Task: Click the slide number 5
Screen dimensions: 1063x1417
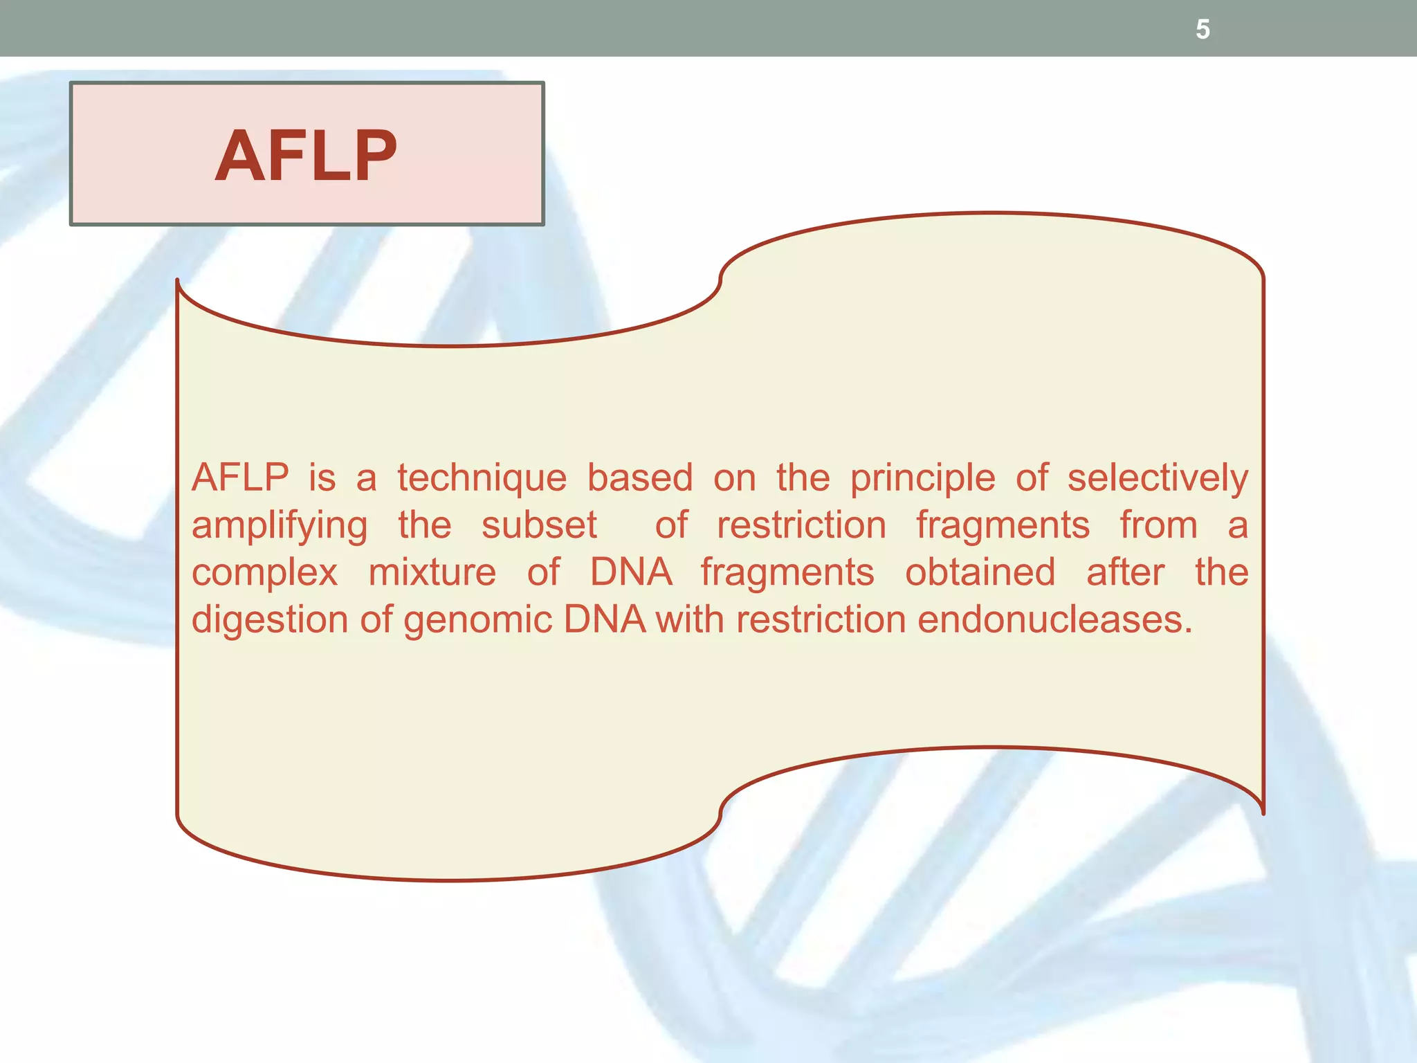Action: [x=1203, y=30]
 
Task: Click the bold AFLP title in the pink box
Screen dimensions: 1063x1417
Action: [x=306, y=156]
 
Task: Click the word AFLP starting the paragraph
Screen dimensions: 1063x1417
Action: [x=240, y=478]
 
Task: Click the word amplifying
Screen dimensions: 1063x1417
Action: [x=280, y=526]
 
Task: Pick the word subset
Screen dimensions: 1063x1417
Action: [x=539, y=525]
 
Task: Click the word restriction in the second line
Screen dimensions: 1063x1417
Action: [x=801, y=525]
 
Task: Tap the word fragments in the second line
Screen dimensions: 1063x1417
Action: [x=1003, y=526]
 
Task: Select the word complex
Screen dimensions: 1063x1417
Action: [x=264, y=573]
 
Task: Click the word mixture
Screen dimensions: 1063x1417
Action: [x=432, y=572]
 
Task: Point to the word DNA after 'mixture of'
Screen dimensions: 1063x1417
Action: [x=630, y=572]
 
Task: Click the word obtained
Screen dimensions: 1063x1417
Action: [x=980, y=572]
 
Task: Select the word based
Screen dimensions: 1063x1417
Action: [x=640, y=478]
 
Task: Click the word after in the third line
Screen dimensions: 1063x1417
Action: [x=1125, y=572]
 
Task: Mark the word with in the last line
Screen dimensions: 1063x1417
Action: [x=689, y=619]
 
